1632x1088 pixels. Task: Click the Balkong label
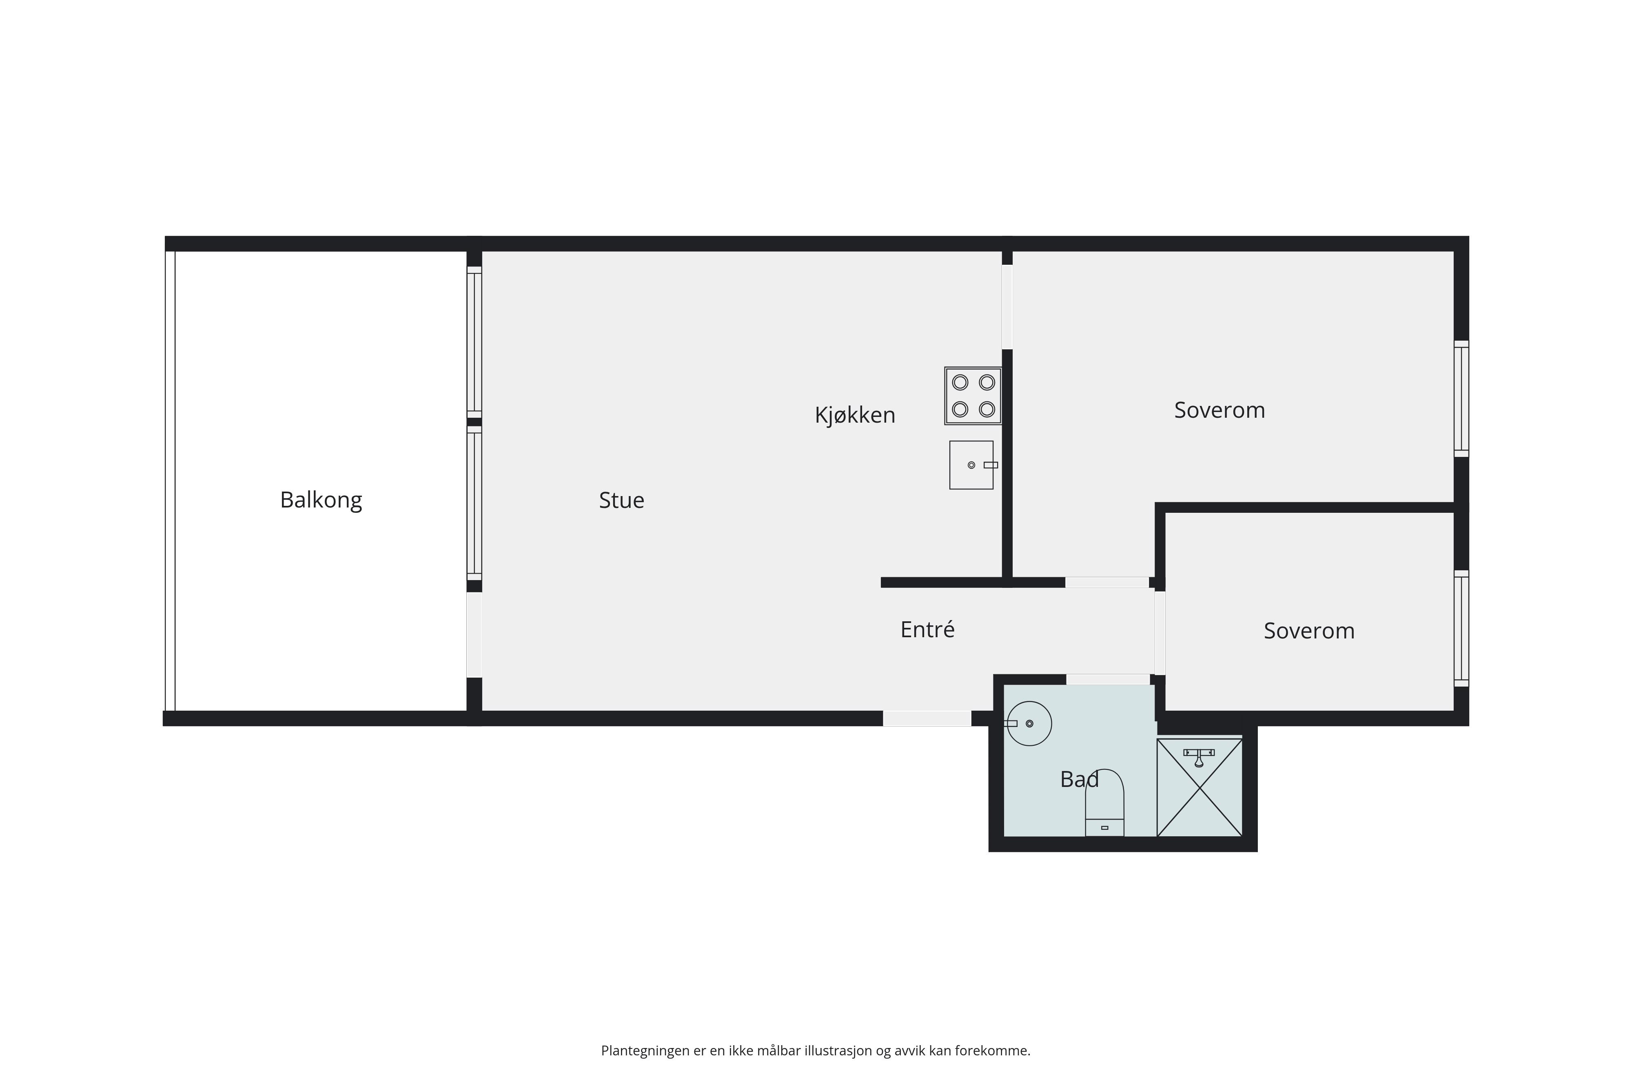coord(321,500)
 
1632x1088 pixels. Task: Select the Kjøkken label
coord(855,415)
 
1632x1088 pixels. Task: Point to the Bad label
coord(1079,779)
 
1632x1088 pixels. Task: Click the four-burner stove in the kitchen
coord(973,396)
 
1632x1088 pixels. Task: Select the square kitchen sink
coord(971,465)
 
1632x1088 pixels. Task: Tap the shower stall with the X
coord(1200,788)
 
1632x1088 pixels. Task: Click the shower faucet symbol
coord(1199,756)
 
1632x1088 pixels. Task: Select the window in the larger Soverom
coord(1461,399)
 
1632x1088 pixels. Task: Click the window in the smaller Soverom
coord(1461,629)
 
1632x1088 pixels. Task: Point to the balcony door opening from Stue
coord(474,635)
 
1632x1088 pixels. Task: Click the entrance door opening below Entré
coord(927,719)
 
